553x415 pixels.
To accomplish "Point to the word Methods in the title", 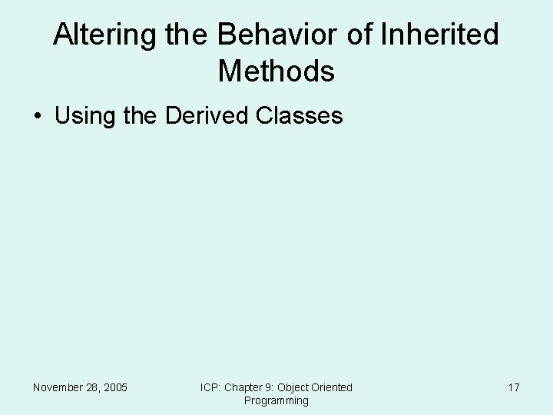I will click(276, 71).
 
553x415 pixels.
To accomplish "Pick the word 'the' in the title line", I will click(184, 35).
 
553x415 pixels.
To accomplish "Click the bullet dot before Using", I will click(38, 117).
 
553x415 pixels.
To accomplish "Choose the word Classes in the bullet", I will click(299, 116).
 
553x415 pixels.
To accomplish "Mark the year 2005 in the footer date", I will click(115, 387).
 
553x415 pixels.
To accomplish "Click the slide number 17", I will click(514, 387).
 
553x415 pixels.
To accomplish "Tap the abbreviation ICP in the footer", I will click(210, 387).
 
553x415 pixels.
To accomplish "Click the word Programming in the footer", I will click(276, 400).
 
